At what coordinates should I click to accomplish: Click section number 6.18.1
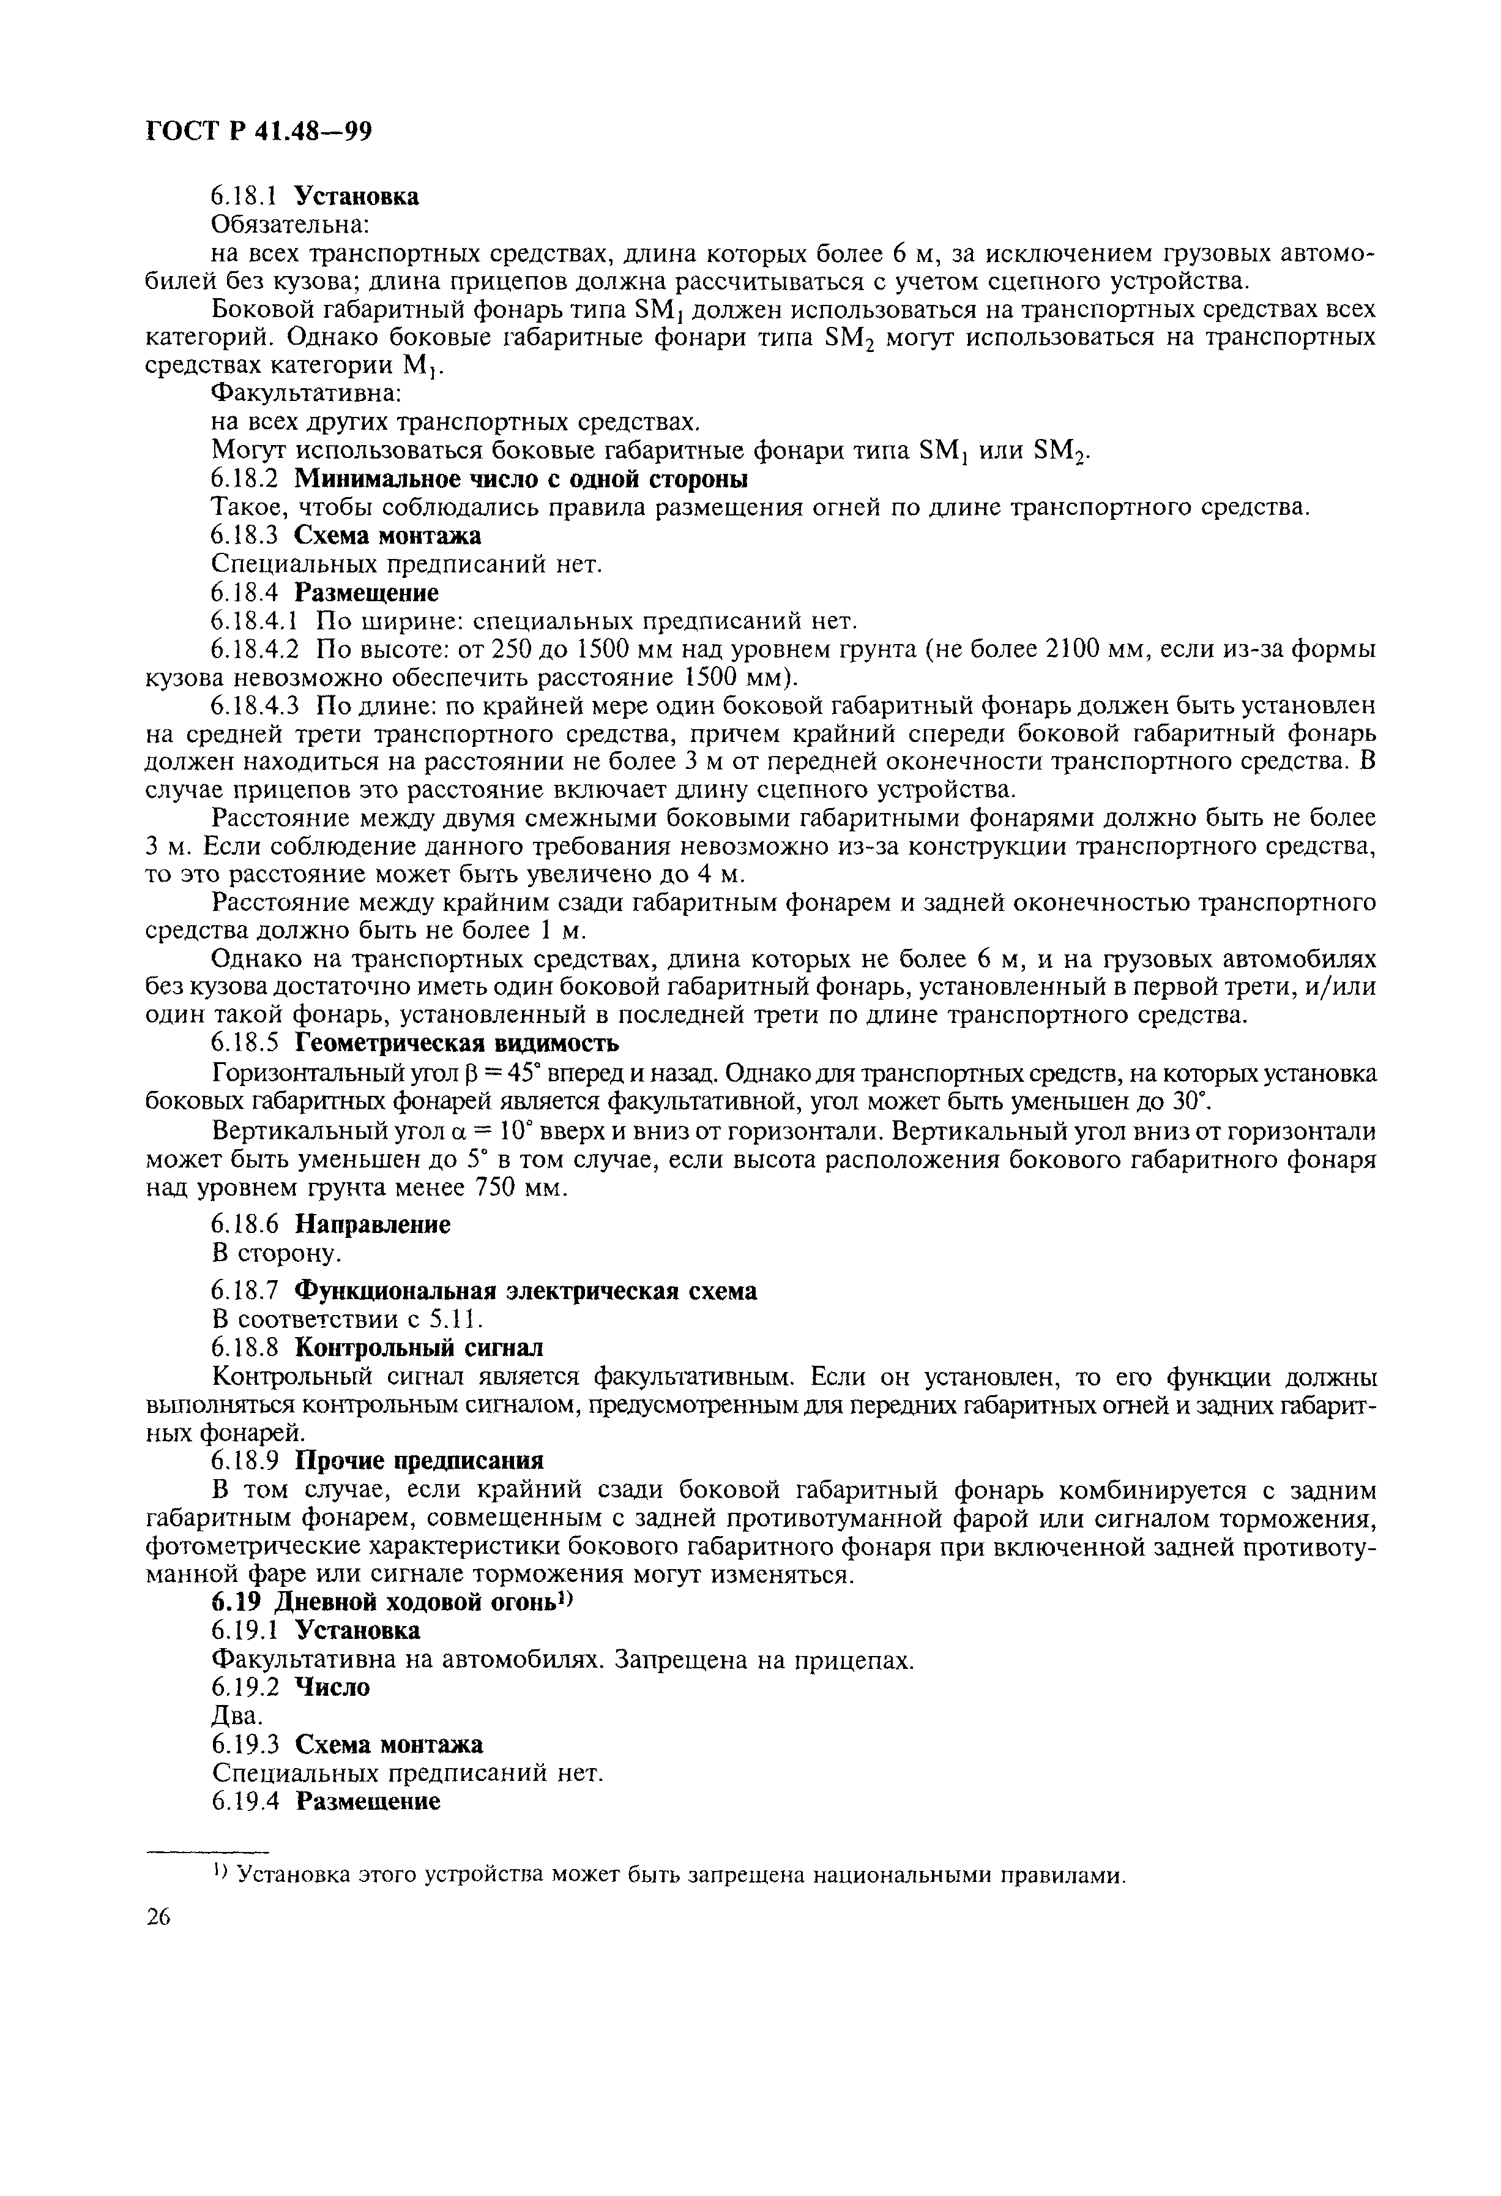click(x=242, y=197)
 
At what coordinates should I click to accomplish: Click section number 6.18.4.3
click(x=255, y=706)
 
